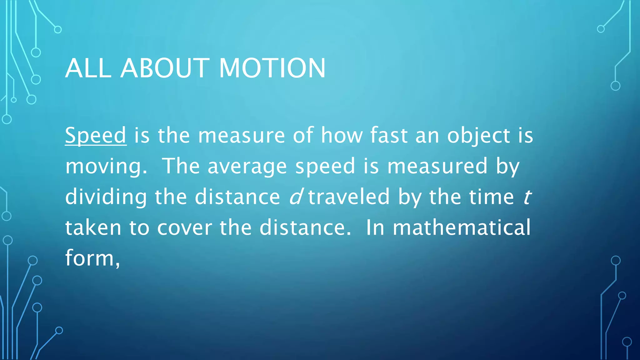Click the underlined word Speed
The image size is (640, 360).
pos(96,136)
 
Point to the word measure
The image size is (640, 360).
pos(241,136)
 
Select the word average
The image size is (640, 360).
pos(247,166)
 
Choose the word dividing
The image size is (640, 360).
pos(106,197)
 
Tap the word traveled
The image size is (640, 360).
pos(349,197)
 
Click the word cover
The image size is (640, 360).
pos(185,228)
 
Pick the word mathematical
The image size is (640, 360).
pos(462,227)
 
